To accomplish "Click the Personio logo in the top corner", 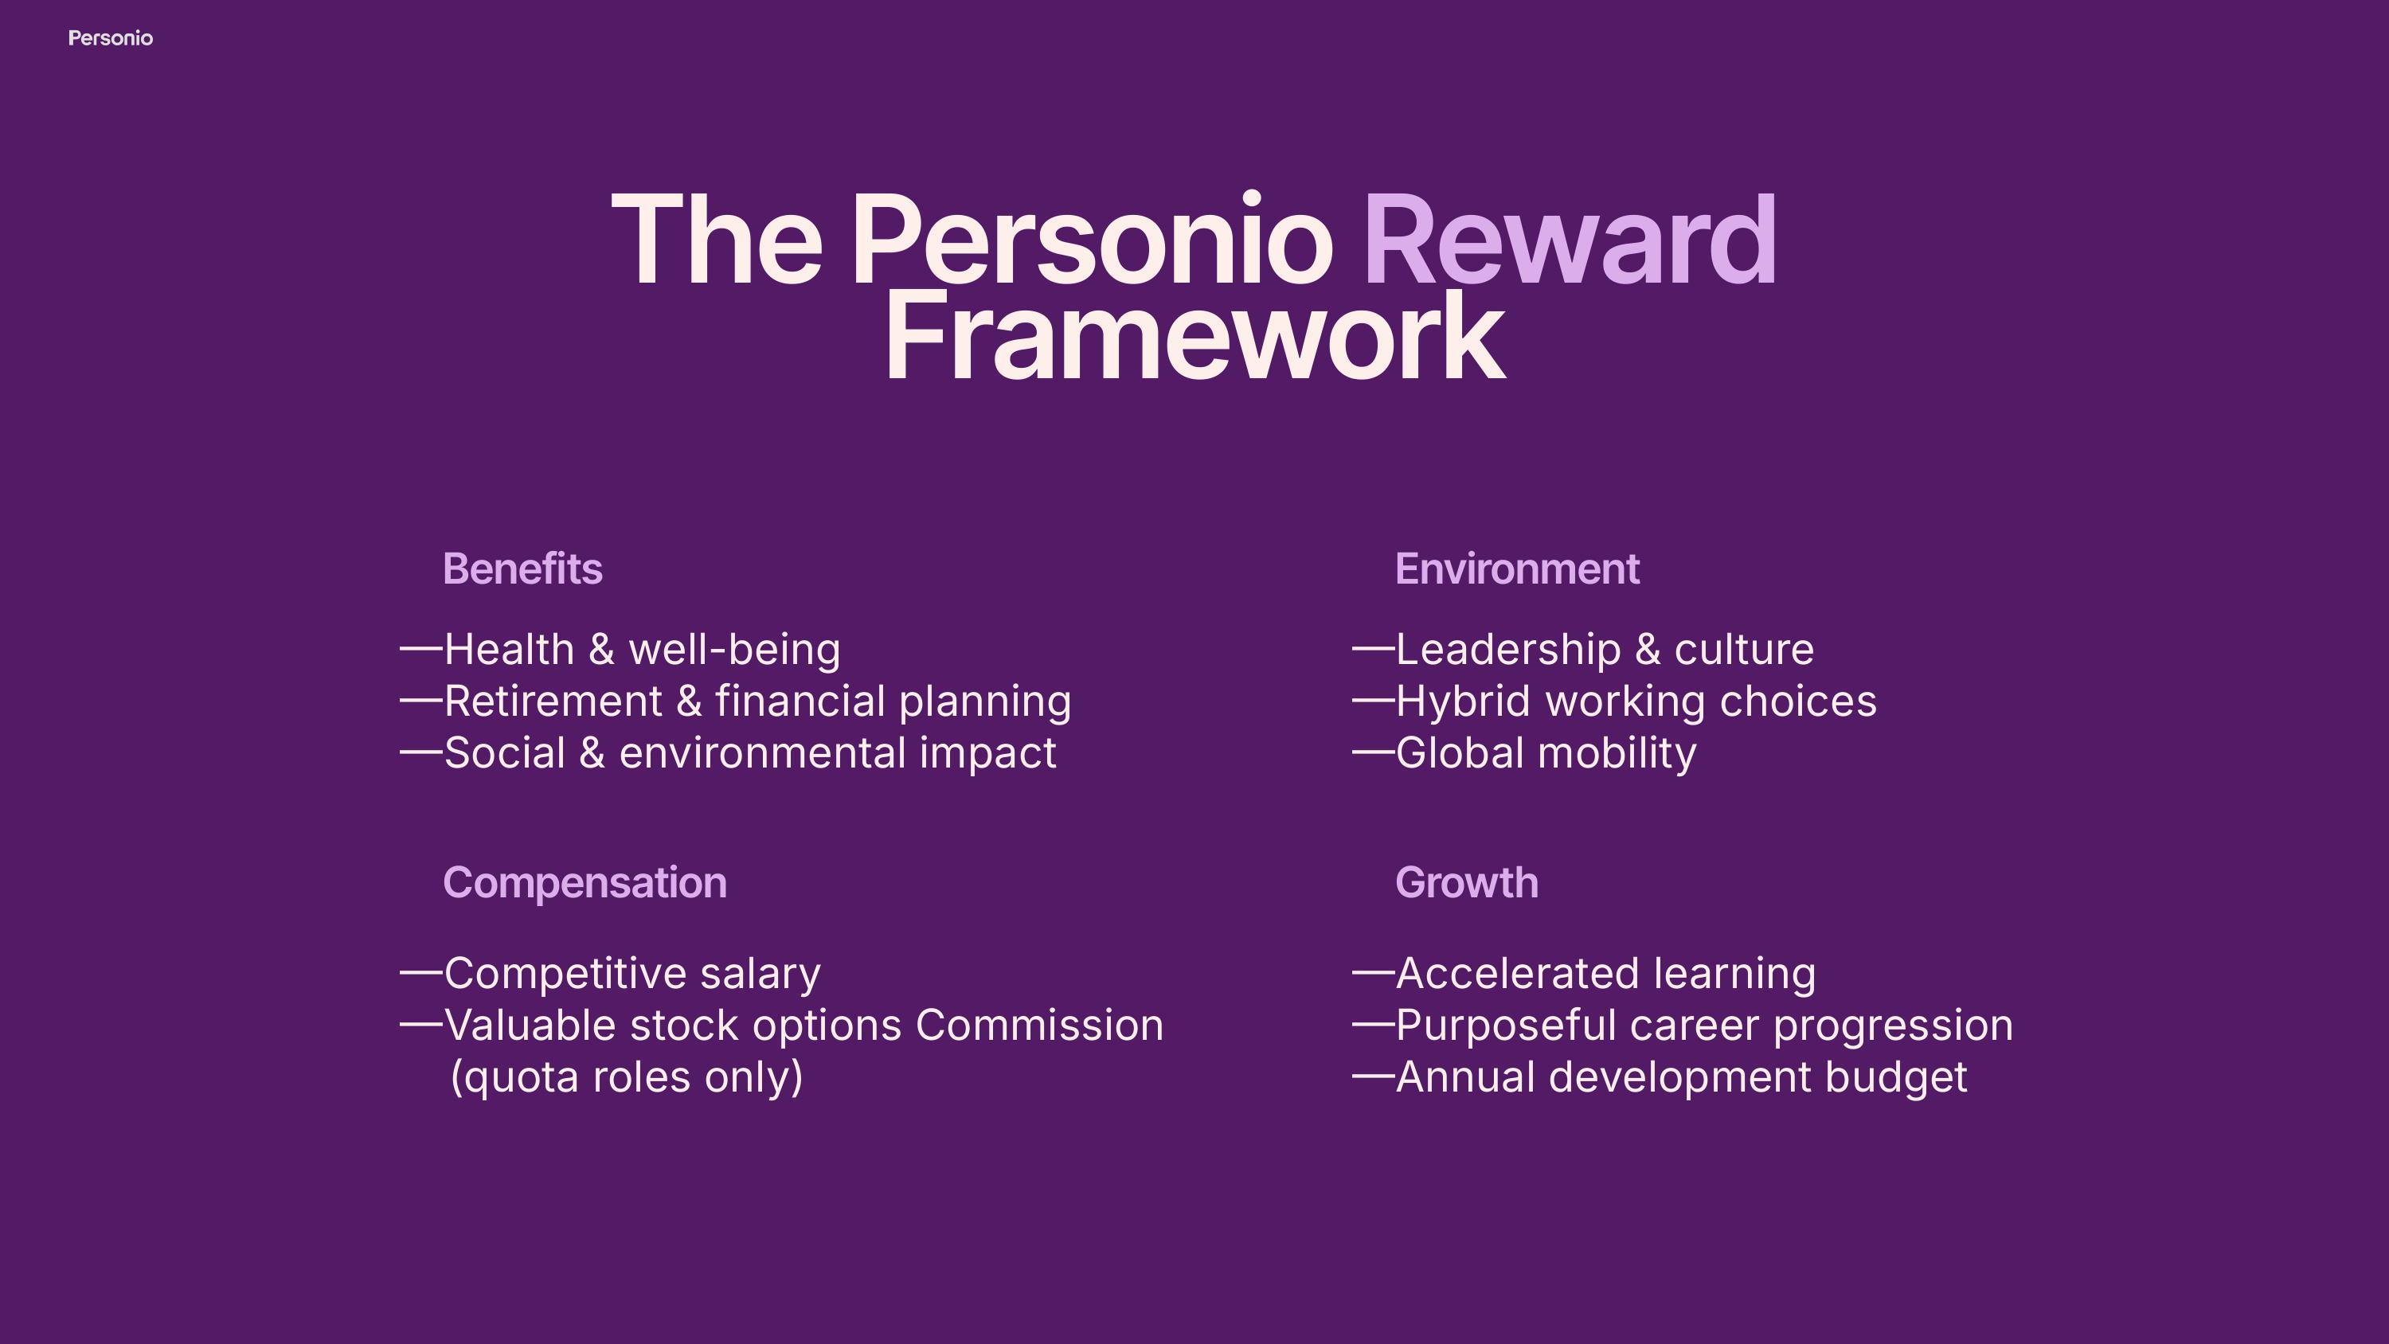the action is [x=111, y=38].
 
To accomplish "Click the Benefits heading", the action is [x=523, y=568].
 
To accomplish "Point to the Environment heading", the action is [x=1517, y=568].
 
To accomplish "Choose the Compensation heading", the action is [x=585, y=883].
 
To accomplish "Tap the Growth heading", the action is [x=1467, y=883].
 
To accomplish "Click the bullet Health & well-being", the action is [x=642, y=649].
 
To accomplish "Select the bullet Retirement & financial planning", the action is [x=757, y=701].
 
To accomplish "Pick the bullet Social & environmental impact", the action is [x=750, y=752].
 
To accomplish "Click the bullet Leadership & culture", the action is [x=1605, y=649].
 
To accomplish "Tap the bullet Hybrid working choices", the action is [x=1636, y=701].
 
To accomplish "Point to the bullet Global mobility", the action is [x=1546, y=752].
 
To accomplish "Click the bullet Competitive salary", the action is [x=632, y=973].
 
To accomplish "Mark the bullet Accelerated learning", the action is [x=1605, y=973].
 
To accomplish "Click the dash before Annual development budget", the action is [x=1374, y=1076].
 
